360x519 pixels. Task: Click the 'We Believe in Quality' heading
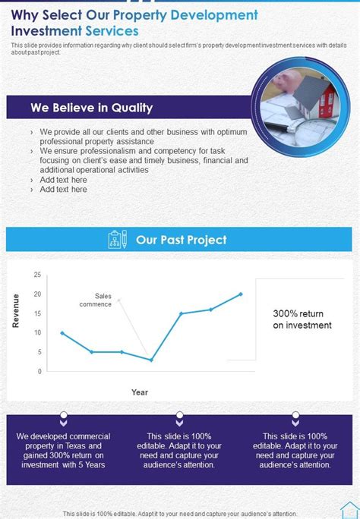pyautogui.click(x=91, y=108)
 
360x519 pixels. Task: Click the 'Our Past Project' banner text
pyautogui.click(x=181, y=240)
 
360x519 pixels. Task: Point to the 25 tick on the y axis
pyautogui.click(x=37, y=275)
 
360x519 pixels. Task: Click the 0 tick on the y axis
pyautogui.click(x=39, y=372)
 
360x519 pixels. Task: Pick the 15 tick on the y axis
pyautogui.click(x=37, y=313)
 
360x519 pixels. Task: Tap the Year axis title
pyautogui.click(x=140, y=392)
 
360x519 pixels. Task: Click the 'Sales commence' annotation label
pyautogui.click(x=97, y=300)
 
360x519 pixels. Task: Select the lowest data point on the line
pyautogui.click(x=151, y=360)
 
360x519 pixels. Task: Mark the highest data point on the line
pyautogui.click(x=241, y=294)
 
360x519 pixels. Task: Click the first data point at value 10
pyautogui.click(x=62, y=332)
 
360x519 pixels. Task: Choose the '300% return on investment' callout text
pyautogui.click(x=302, y=319)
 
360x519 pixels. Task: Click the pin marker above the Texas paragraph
pyautogui.click(x=64, y=417)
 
